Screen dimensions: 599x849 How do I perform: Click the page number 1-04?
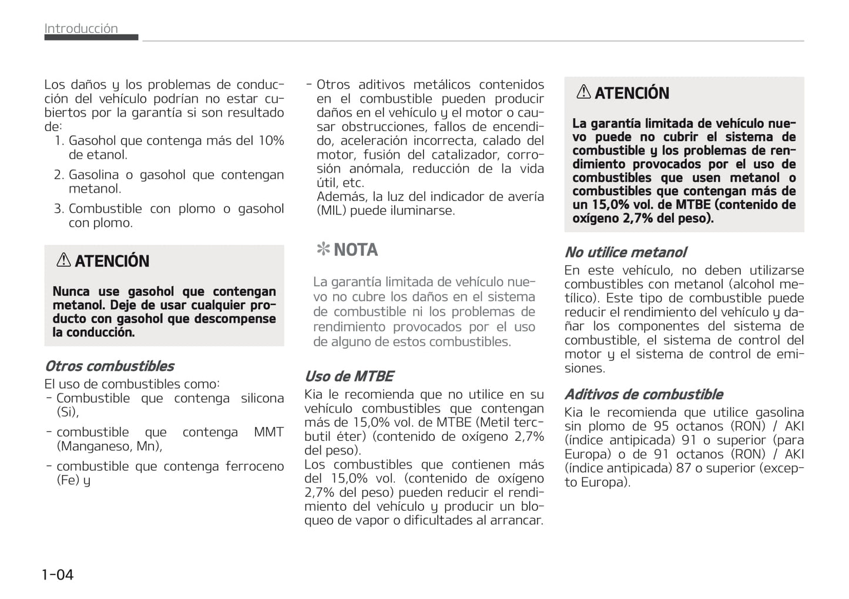coord(58,574)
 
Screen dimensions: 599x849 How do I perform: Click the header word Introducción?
coord(81,28)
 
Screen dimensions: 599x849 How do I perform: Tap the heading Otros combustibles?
coord(109,366)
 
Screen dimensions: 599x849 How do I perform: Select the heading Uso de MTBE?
coord(349,376)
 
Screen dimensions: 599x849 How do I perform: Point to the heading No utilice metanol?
coord(625,252)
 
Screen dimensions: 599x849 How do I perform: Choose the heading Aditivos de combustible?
coord(643,394)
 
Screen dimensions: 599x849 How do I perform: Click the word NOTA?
coord(355,250)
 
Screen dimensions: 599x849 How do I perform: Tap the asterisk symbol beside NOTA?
coord(323,250)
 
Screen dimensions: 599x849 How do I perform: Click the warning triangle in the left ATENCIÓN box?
coord(63,260)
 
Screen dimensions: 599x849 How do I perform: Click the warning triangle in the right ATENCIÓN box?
coord(583,92)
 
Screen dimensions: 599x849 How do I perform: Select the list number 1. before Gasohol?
coord(59,140)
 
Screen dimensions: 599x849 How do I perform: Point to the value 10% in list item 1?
coord(271,140)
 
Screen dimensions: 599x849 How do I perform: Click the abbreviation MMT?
coord(269,432)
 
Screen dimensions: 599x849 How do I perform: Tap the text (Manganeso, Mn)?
coord(109,446)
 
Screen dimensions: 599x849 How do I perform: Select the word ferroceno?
coord(254,466)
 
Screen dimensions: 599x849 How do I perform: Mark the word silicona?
coord(262,398)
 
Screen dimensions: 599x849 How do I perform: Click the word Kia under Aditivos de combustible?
coord(575,412)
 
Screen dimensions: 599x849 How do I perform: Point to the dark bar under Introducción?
coord(91,37)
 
